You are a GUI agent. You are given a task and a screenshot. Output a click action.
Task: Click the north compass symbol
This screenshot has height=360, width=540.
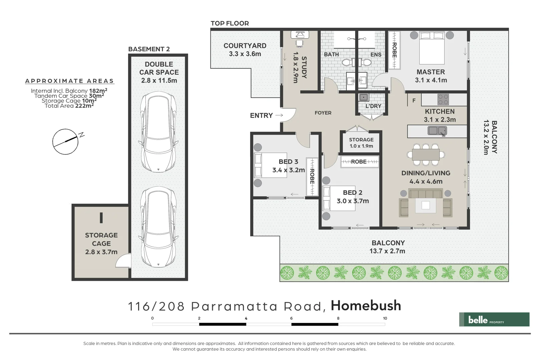point(66,142)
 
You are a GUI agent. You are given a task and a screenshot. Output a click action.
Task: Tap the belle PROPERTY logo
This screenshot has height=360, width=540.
point(494,319)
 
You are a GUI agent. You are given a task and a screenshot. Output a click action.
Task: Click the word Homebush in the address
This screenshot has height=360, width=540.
point(366,306)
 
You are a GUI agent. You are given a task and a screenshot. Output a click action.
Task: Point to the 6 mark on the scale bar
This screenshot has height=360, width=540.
point(291,318)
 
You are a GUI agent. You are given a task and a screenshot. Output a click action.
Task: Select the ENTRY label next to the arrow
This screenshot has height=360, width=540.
point(261,115)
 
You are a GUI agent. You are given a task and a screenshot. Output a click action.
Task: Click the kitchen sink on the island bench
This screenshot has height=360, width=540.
point(437,131)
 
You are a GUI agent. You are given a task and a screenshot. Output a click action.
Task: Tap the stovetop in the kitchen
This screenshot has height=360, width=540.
point(443,99)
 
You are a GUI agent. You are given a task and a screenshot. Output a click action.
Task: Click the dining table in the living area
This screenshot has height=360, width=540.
point(426,154)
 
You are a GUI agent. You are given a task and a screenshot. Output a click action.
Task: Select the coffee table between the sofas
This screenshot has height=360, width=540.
point(426,205)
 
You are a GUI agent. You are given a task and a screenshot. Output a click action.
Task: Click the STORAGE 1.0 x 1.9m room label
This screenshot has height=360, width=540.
point(361,143)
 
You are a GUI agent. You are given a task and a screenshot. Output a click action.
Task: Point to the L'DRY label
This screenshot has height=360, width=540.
point(373,106)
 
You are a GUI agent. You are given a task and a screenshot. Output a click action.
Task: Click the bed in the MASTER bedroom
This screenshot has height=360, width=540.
point(432,47)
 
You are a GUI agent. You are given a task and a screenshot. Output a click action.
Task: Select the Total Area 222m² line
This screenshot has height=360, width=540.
point(69,106)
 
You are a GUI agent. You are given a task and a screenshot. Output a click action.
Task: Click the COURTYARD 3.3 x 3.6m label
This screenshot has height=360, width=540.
point(245,50)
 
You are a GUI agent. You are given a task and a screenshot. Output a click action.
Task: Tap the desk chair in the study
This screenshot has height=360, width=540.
point(299,43)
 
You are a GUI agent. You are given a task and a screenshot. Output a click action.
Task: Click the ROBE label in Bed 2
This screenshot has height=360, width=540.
point(359,162)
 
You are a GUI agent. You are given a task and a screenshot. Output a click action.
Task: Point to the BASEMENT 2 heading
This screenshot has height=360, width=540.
point(149,49)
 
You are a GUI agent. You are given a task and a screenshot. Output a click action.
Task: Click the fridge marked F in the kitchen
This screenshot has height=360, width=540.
point(414,100)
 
